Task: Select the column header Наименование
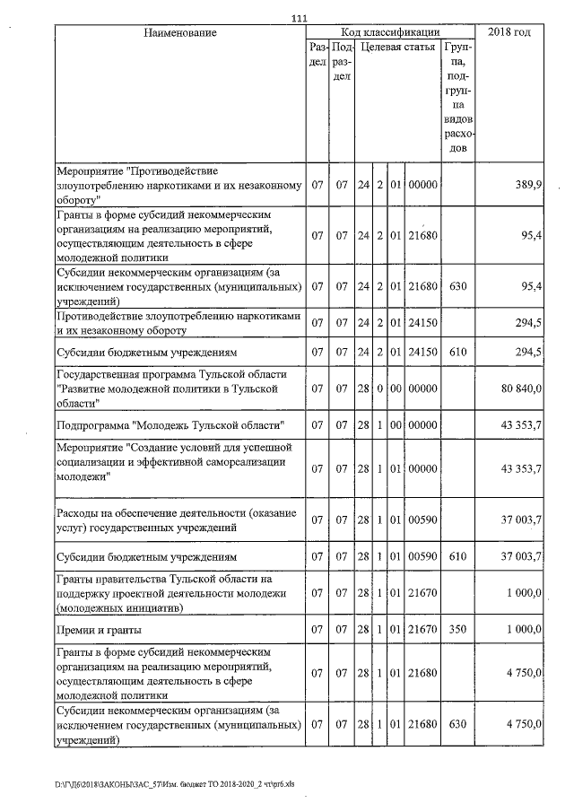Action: click(x=179, y=33)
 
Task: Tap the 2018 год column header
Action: click(x=509, y=33)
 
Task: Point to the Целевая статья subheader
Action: click(x=397, y=47)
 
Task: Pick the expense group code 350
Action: click(x=457, y=631)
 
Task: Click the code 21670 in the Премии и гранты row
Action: click(x=422, y=631)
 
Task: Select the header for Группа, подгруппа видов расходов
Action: click(x=457, y=94)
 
